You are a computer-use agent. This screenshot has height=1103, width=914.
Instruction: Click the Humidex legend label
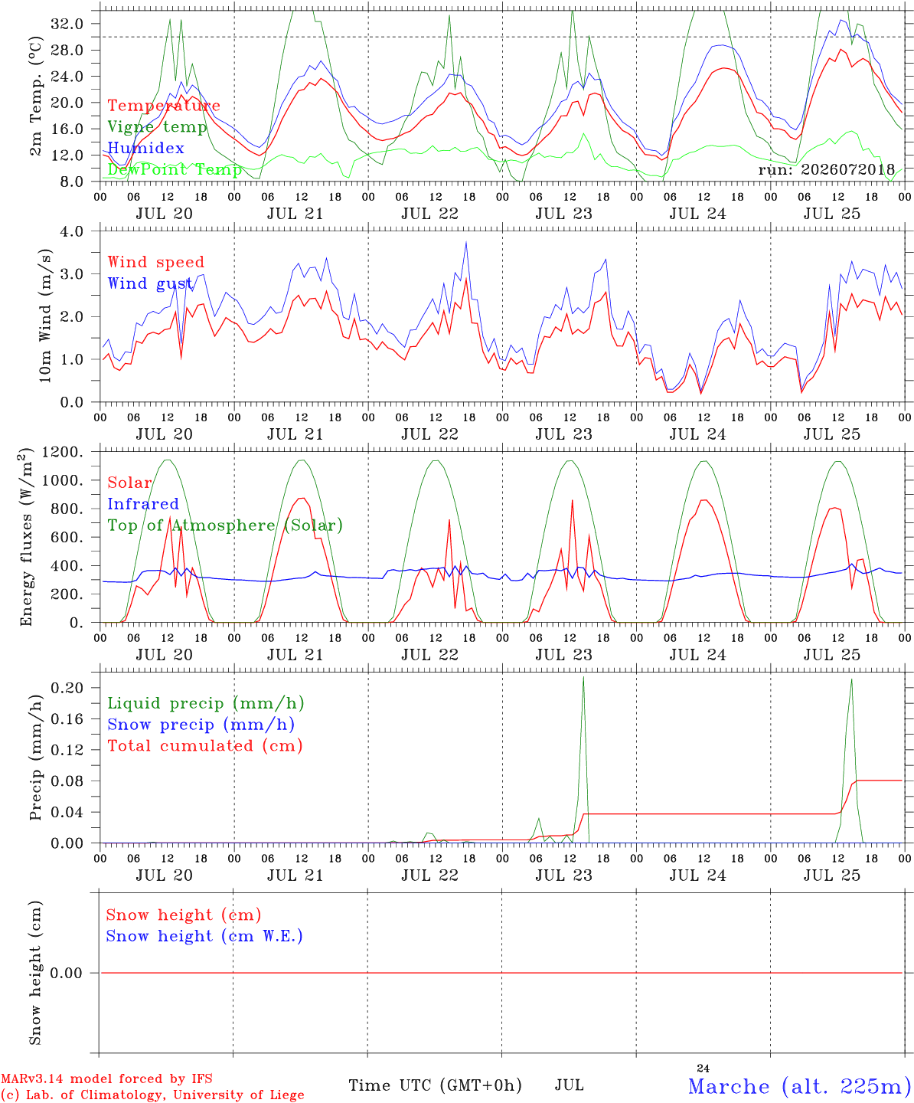(x=145, y=148)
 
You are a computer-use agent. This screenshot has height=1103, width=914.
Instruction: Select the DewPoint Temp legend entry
(x=175, y=169)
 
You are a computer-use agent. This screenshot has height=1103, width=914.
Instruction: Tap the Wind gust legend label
(x=150, y=283)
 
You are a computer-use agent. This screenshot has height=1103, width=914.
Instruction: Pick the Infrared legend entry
(x=143, y=503)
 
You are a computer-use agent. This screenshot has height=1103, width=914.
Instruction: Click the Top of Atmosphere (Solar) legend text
(x=225, y=525)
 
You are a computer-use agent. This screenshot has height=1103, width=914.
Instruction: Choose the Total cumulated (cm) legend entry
(x=205, y=745)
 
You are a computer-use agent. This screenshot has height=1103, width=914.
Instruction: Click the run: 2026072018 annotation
(x=826, y=169)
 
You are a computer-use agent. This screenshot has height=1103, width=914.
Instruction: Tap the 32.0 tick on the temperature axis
(x=67, y=24)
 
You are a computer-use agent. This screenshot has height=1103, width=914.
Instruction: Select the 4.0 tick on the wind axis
(x=71, y=231)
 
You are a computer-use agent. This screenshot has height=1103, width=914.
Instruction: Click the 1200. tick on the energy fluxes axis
(x=63, y=452)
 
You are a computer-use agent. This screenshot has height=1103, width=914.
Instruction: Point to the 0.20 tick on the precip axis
(x=67, y=688)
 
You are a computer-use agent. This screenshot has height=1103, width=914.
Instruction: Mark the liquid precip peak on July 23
(x=583, y=677)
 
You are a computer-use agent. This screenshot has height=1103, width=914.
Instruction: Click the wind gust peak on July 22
(x=465, y=242)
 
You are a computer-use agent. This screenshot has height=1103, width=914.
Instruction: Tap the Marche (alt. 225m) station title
(x=795, y=1086)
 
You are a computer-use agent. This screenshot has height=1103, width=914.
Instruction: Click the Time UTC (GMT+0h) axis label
(x=435, y=1085)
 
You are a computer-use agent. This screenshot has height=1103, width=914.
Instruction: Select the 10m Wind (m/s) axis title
(x=45, y=315)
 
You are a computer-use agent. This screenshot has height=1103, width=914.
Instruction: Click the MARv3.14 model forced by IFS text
(x=106, y=1078)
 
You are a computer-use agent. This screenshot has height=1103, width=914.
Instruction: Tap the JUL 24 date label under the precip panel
(x=697, y=875)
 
